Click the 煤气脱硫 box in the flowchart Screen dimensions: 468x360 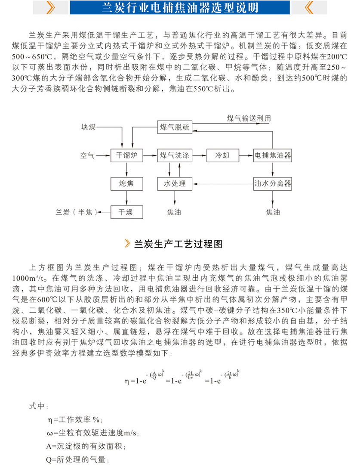pyautogui.click(x=174, y=127)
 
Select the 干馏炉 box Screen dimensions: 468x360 pyautogui.click(x=126, y=155)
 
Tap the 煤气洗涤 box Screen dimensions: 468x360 pyautogui.click(x=174, y=155)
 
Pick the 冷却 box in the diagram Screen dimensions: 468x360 pyautogui.click(x=223, y=155)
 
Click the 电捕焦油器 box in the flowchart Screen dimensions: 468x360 pyautogui.click(x=273, y=155)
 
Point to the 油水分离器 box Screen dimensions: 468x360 pyautogui.click(x=273, y=184)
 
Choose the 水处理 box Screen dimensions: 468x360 pyautogui.click(x=174, y=184)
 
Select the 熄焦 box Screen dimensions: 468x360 pyautogui.click(x=126, y=184)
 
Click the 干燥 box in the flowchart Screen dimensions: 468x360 pyautogui.click(x=126, y=212)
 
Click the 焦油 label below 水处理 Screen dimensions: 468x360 pyautogui.click(x=174, y=212)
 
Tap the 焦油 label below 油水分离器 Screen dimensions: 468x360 pyautogui.click(x=273, y=212)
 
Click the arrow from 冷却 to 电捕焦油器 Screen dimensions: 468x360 pyautogui.click(x=246, y=155)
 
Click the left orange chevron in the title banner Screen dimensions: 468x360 pyautogui.click(x=51, y=7)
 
